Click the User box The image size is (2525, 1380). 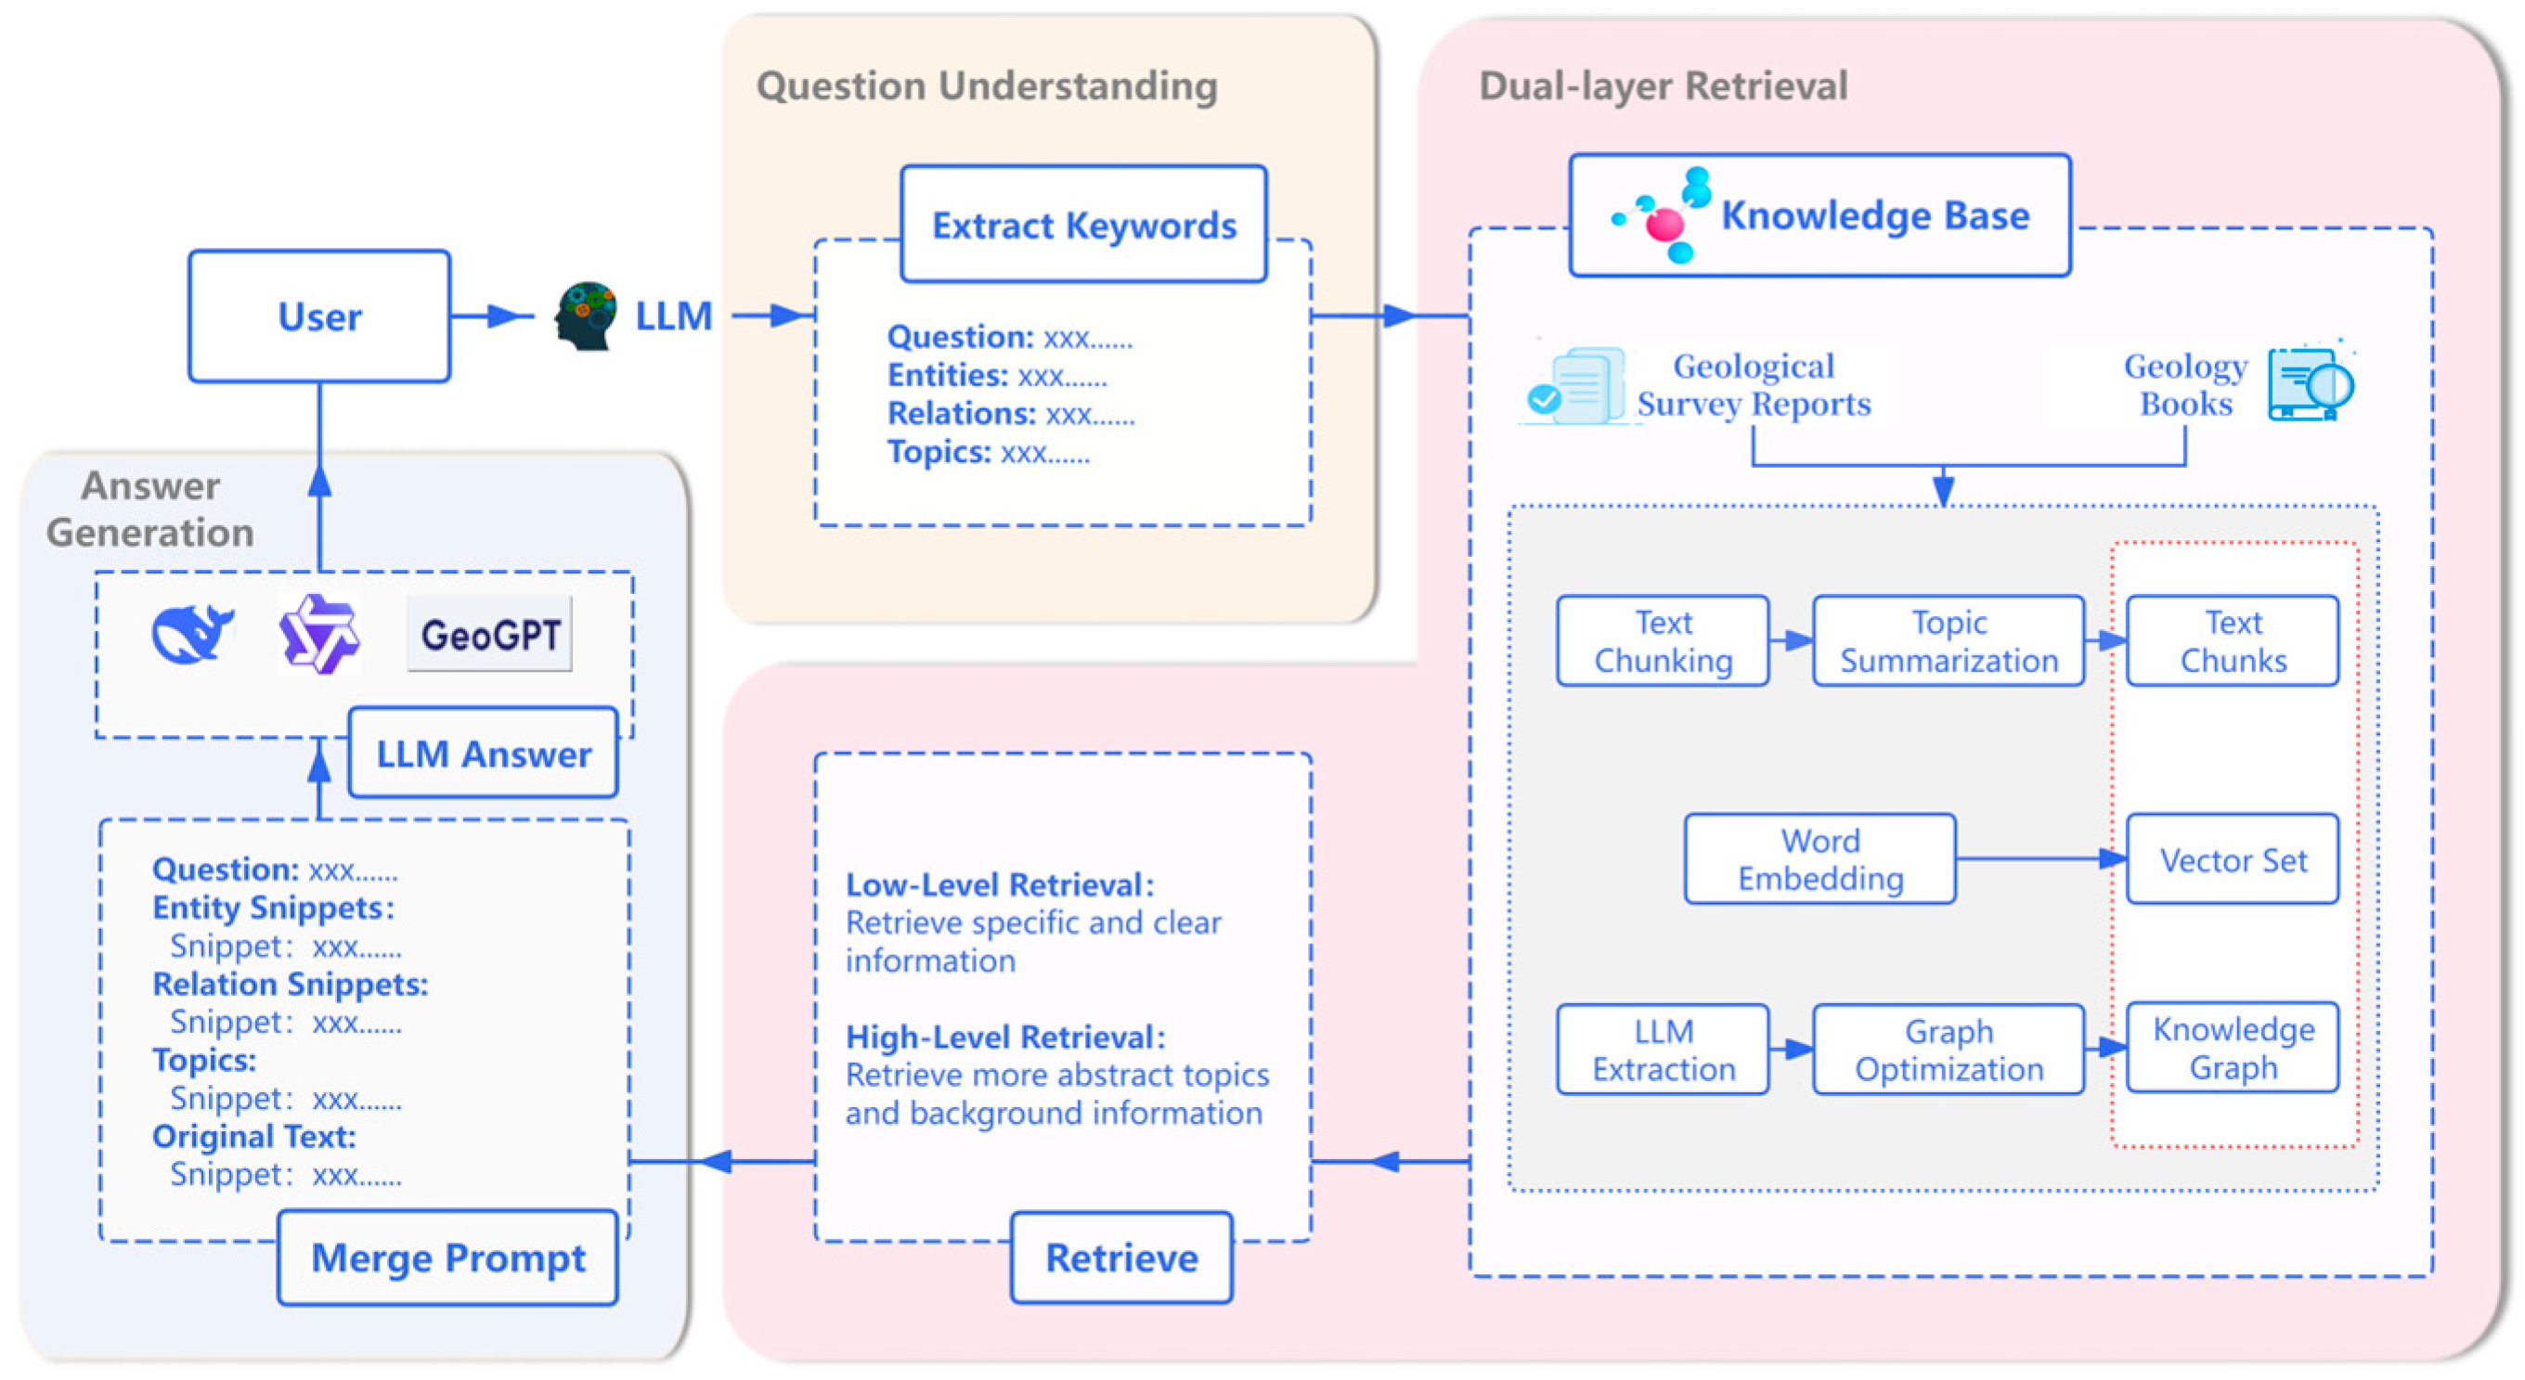pos(319,316)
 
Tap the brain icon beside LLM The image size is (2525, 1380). pos(585,316)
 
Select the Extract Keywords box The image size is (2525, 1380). pos(1083,225)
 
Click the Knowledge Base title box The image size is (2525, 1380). pos(1819,215)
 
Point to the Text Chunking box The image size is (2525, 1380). pos(1663,641)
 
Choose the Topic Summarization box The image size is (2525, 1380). pos(1948,641)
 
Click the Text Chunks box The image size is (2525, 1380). pos(2232,641)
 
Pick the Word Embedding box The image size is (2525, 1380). pos(1819,858)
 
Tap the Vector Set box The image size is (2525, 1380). pos(2232,859)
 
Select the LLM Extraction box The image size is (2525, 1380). pos(1663,1049)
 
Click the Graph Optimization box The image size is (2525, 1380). pos(1948,1049)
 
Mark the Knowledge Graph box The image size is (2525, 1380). pos(2232,1047)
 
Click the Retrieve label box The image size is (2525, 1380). pos(1121,1257)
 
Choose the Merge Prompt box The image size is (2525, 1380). pos(448,1257)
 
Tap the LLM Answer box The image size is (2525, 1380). pos(484,753)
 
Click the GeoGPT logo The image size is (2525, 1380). pos(490,634)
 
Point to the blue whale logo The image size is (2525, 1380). pos(192,634)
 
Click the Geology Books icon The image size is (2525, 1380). pos(2311,384)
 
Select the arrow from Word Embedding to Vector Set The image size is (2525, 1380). pos(2039,858)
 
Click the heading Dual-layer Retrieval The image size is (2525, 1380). pos(1663,86)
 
